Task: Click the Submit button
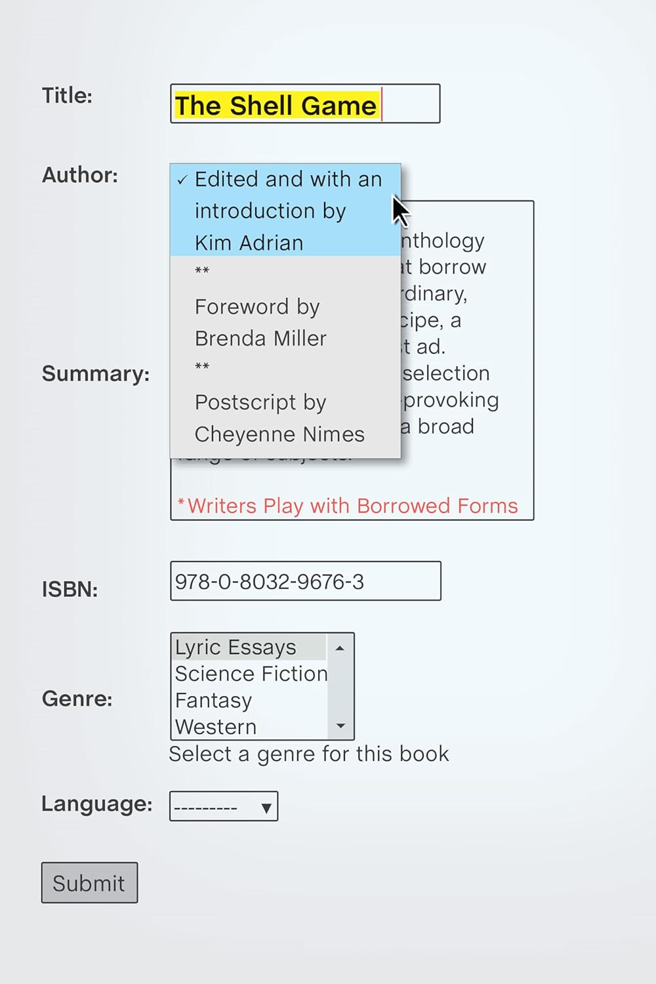[89, 883]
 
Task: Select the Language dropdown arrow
[266, 808]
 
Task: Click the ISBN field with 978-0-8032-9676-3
[305, 581]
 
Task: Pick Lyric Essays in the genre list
[236, 647]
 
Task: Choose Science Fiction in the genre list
[251, 674]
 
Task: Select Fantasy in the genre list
[213, 701]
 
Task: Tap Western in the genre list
[216, 727]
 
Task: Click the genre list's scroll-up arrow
[340, 648]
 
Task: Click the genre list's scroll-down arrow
[340, 726]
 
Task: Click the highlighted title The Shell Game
[276, 106]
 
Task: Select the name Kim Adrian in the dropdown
[249, 243]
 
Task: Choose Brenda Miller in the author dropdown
[260, 338]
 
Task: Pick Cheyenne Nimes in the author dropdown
[279, 434]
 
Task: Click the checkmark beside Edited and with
[182, 180]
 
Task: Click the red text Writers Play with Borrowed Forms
[352, 506]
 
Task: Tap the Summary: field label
[96, 373]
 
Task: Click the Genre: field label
[77, 699]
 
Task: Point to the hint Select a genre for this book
[309, 754]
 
